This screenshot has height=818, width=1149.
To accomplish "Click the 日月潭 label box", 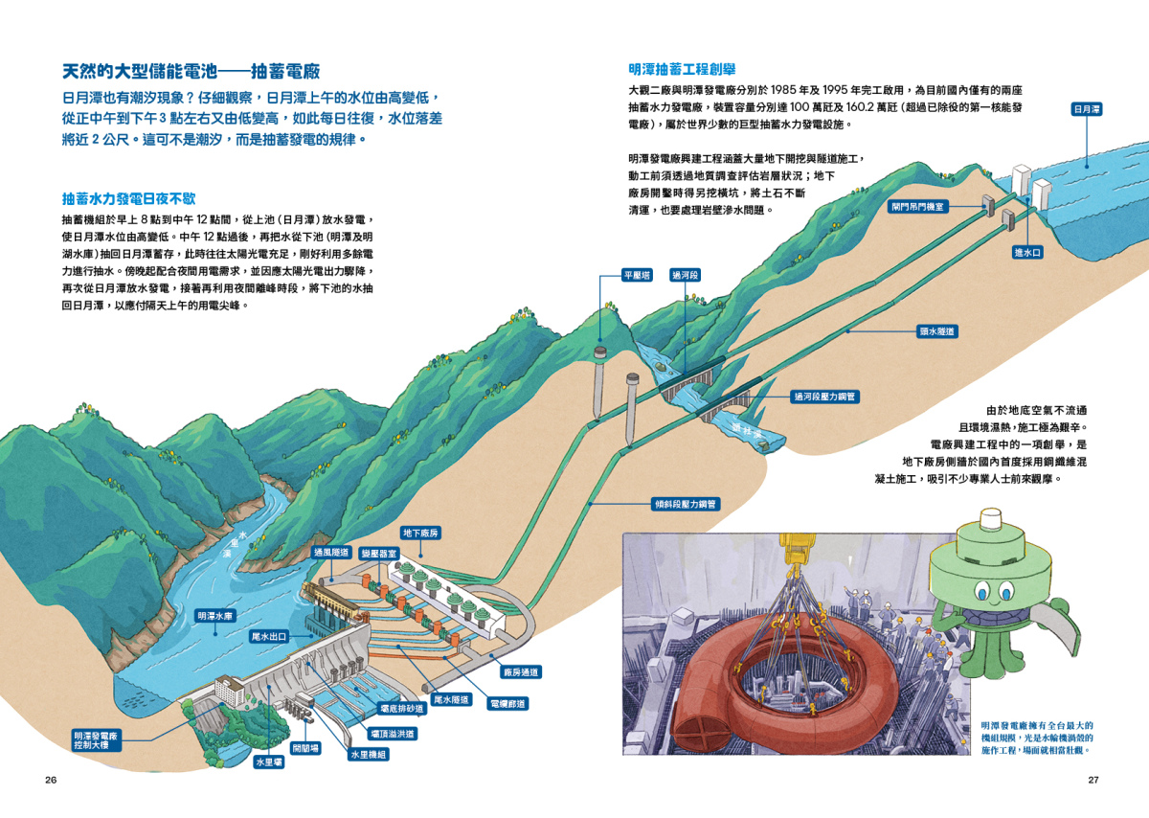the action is (1087, 109).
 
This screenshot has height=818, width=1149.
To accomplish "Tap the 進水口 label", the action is (1028, 253).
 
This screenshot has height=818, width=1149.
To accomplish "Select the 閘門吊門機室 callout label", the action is (917, 207).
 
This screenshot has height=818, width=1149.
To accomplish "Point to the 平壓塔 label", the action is (637, 275).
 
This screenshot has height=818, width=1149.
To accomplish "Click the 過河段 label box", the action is (685, 275).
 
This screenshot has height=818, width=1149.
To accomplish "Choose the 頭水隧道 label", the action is (937, 331).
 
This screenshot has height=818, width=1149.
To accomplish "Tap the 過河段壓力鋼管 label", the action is (824, 397).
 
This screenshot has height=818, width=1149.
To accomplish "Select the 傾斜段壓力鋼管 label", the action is (686, 504).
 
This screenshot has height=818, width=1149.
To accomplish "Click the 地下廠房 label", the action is (420, 533).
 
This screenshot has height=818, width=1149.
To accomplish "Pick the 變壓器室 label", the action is (379, 554).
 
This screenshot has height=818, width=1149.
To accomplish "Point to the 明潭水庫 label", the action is (215, 616).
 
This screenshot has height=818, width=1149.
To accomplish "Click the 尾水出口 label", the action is (269, 637).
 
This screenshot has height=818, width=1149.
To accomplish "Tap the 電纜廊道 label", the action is (507, 704).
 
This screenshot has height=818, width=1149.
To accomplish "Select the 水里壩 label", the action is (269, 762).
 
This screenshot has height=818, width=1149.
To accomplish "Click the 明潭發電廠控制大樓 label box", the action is (97, 740).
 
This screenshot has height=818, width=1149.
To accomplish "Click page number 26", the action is (51, 780).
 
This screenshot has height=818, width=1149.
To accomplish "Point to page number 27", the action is (1093, 780).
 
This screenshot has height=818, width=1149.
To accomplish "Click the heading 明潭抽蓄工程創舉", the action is (682, 69).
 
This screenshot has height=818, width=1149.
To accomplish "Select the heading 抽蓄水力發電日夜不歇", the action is (128, 198).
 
